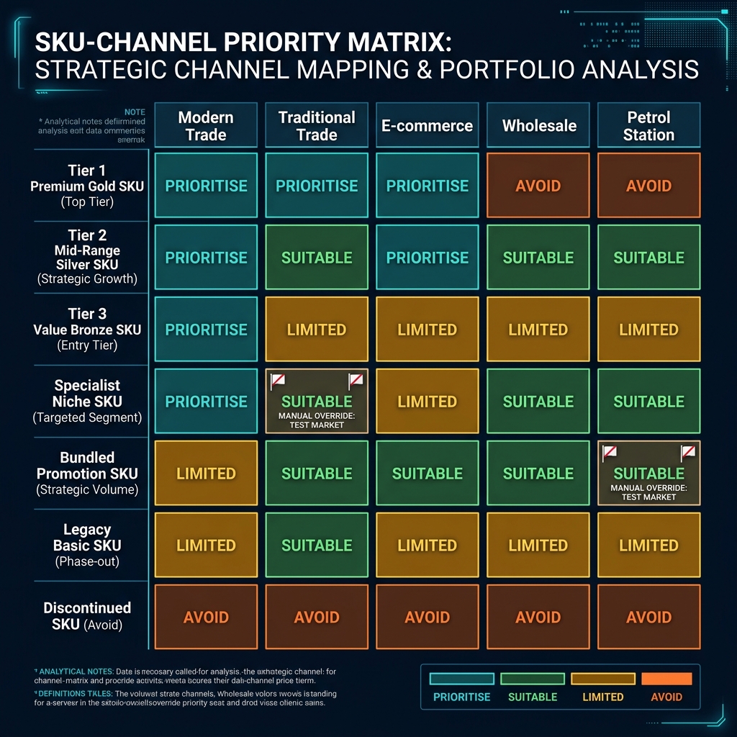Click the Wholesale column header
538,125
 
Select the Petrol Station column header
648,125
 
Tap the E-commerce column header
428,125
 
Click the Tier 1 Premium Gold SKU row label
87,186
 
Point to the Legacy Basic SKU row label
87,545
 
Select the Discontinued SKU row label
87,616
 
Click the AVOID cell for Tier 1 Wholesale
538,186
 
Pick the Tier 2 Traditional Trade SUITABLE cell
317,258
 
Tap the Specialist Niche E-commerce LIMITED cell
428,401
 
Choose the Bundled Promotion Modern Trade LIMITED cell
207,473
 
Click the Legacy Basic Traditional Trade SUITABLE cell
317,545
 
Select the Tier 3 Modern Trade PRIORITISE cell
207,330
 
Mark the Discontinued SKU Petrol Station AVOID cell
648,617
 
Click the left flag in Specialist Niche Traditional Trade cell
278,381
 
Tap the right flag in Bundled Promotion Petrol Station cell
688,453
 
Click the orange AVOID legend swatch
666,679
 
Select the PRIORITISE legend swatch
461,679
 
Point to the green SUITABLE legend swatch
533,679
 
